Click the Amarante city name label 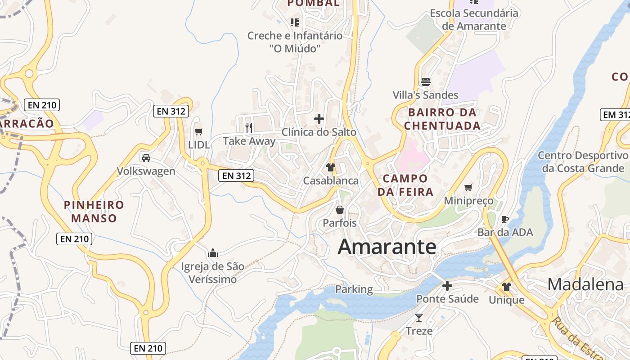tap(387, 247)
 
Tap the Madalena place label tap(585, 284)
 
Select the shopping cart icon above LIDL tap(198, 131)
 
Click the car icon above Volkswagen tap(146, 158)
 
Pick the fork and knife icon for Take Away tap(249, 128)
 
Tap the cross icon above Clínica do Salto tap(319, 119)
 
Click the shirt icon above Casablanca tap(331, 167)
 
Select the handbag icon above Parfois tap(340, 210)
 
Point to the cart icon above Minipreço tap(468, 187)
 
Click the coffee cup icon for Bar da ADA tap(505, 219)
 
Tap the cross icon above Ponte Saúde tap(447, 286)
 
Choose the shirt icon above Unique tap(507, 287)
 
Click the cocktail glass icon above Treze tap(419, 318)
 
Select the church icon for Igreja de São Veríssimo tap(213, 253)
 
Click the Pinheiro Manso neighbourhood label tap(94, 211)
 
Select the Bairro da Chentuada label tap(442, 119)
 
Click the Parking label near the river tap(354, 289)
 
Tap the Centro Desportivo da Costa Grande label tap(583, 162)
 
